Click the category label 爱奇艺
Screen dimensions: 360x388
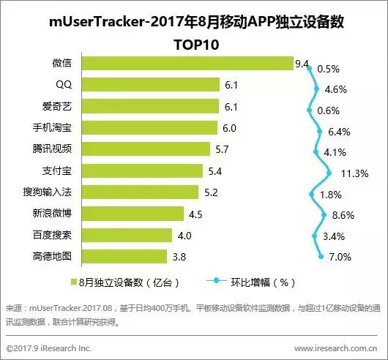pyautogui.click(x=57, y=107)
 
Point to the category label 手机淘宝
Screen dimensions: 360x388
pyautogui.click(x=51, y=128)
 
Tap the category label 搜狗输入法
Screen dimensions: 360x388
pyautogui.click(x=48, y=192)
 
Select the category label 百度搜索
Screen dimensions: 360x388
pyautogui.click(x=51, y=236)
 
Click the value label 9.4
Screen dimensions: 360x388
pyautogui.click(x=302, y=64)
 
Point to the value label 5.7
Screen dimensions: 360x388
pyautogui.click(x=221, y=150)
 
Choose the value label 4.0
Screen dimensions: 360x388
pyautogui.click(x=183, y=236)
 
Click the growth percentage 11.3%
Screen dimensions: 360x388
pyautogui.click(x=354, y=174)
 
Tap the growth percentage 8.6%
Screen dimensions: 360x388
pyautogui.click(x=343, y=217)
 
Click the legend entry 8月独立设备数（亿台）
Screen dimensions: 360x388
pyautogui.click(x=129, y=281)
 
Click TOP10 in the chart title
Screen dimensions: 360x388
pyautogui.click(x=194, y=43)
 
